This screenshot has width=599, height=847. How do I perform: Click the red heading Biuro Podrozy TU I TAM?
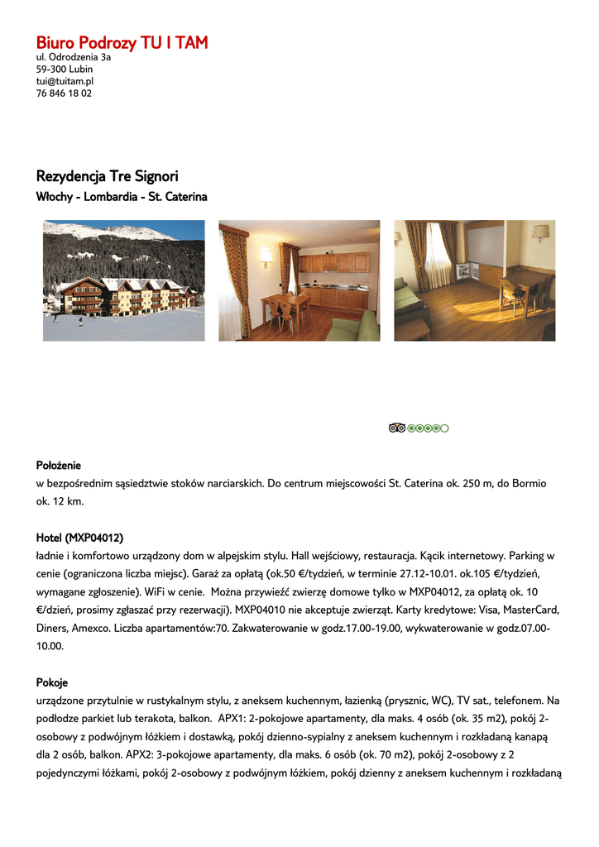(x=122, y=43)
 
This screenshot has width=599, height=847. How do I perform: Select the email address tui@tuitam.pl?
(x=65, y=81)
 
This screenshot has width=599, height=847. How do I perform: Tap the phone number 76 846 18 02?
(x=64, y=93)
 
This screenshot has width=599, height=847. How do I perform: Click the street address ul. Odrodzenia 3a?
(x=74, y=58)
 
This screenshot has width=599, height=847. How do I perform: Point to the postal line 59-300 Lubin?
(x=65, y=69)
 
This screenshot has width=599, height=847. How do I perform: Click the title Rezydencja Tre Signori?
(x=107, y=176)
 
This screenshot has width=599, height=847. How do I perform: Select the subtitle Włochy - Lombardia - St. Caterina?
(x=122, y=197)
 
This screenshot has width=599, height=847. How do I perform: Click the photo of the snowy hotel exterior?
(x=124, y=280)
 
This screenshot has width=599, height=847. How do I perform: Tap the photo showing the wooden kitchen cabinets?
(x=299, y=280)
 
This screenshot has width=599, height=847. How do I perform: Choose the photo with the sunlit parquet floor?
(x=474, y=280)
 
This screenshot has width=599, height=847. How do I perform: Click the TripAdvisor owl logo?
(x=397, y=428)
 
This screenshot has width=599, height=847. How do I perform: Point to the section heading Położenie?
(x=59, y=466)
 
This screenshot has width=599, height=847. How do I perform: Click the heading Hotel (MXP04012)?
(x=79, y=538)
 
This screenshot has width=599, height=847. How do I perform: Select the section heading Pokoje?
(x=52, y=682)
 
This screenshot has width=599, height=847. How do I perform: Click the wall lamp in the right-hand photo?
(x=540, y=232)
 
